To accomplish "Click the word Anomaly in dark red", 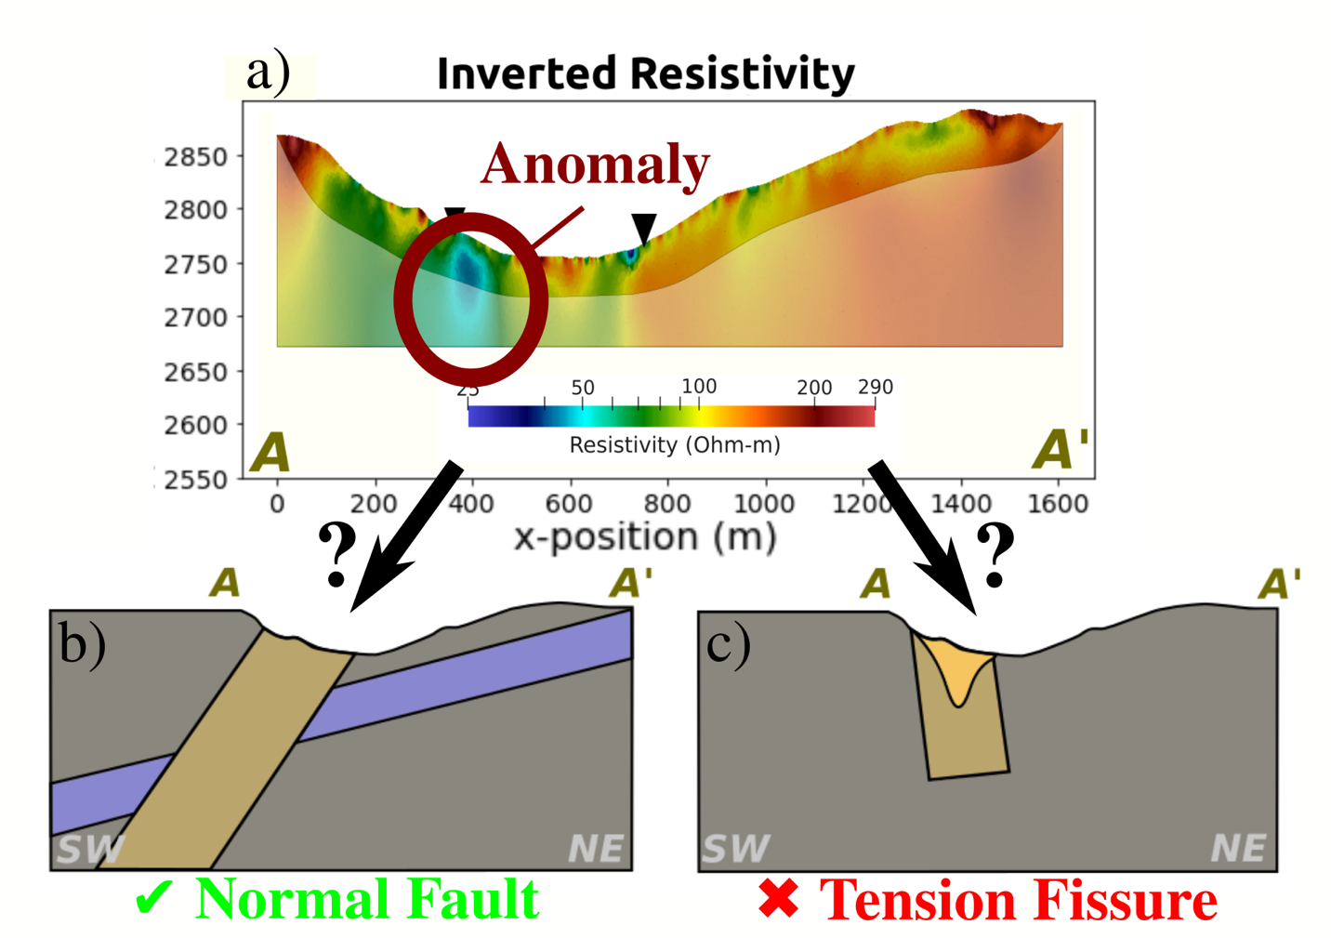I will coord(595,165).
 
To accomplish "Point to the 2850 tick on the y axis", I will coord(195,157).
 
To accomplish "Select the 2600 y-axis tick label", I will coord(195,425).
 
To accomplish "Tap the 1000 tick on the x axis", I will coord(764,504).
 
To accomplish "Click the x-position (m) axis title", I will coord(645,537).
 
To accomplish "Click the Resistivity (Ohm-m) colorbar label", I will coord(674,445).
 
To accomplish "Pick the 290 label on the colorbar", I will coord(875,387).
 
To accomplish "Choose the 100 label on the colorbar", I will coord(699,386).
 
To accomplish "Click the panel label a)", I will coord(268,73).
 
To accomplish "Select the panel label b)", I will coord(82,642).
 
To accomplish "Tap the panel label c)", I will coord(728,644).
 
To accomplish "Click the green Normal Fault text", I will coord(367,900).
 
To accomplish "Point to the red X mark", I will coord(779,900).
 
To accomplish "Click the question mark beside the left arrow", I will coord(337,554).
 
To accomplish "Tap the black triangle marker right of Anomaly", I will coord(643,226).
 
